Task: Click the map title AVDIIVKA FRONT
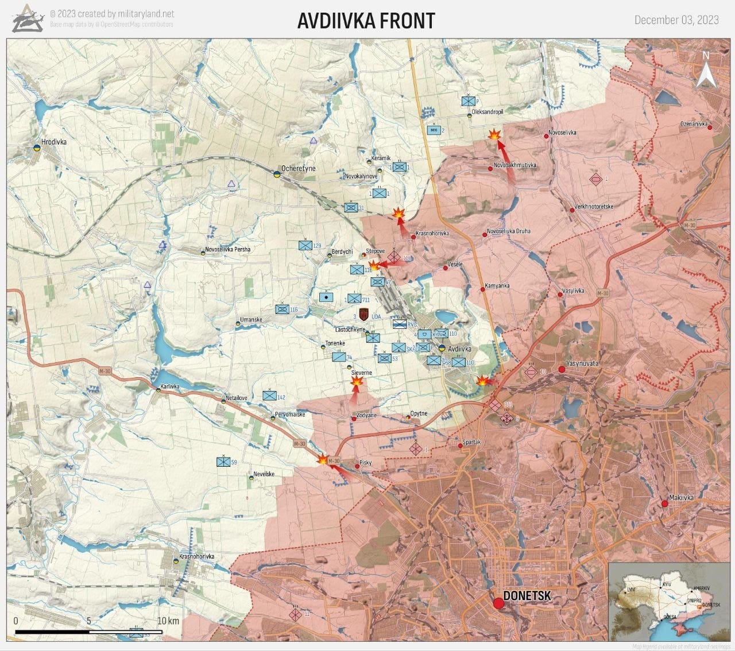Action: pos(366,21)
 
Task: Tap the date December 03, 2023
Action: pos(676,20)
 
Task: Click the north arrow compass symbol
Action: pos(706,71)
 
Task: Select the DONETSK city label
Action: pos(527,596)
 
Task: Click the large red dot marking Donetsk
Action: pos(498,603)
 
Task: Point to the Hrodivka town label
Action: pos(54,142)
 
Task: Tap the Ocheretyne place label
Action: pos(298,169)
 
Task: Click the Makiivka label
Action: pos(681,498)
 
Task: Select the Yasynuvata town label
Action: pos(582,363)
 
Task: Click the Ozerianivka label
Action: pos(694,124)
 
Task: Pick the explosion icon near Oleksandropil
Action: pos(494,135)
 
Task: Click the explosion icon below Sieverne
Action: pos(357,381)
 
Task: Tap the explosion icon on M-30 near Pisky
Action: pos(323,460)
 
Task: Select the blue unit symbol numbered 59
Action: pos(223,462)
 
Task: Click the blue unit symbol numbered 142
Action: pos(269,396)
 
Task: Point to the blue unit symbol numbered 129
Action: pos(305,246)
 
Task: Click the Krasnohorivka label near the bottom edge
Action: pos(196,556)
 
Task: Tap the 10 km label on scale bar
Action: pos(168,621)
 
